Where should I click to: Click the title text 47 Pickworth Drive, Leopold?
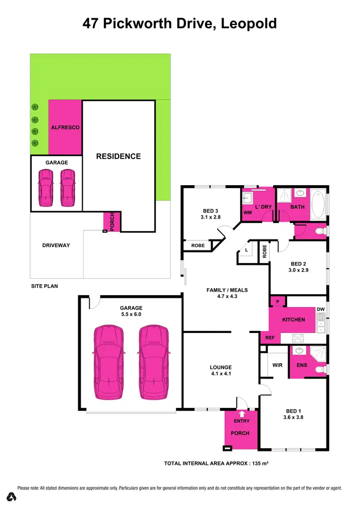click(x=180, y=23)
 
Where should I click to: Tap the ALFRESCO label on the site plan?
click(x=65, y=128)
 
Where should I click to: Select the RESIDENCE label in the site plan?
click(x=118, y=156)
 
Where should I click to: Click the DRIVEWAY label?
click(x=56, y=245)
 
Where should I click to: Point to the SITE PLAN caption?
click(x=44, y=286)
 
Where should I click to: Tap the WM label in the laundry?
click(x=248, y=212)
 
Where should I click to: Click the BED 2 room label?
click(x=298, y=264)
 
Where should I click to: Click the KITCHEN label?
click(x=293, y=320)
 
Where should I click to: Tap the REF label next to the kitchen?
click(x=270, y=338)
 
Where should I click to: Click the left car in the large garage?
click(x=109, y=362)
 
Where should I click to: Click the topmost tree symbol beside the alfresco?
click(x=35, y=107)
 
